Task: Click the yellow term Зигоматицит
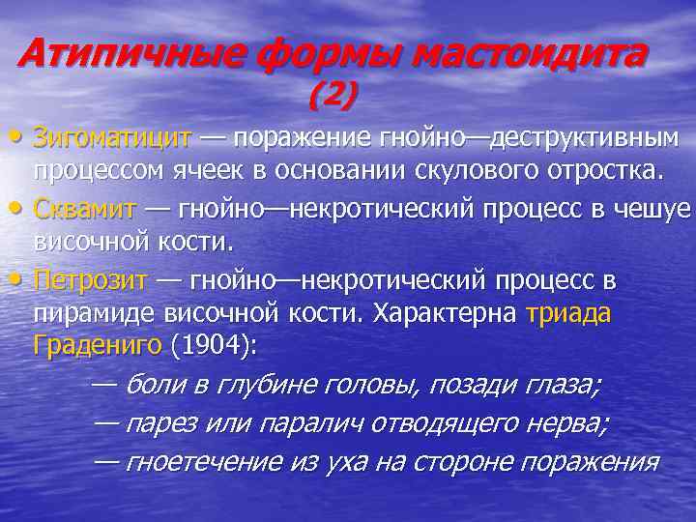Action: tap(111, 137)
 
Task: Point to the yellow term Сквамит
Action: tap(88, 209)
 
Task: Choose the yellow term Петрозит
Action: tap(90, 280)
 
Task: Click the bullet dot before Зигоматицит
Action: tap(21, 137)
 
